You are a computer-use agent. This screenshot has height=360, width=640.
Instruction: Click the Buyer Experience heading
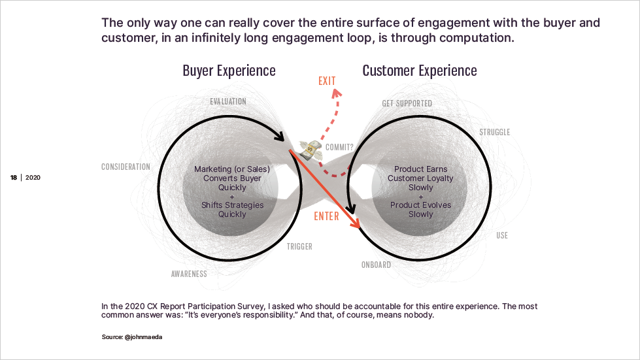coord(229,71)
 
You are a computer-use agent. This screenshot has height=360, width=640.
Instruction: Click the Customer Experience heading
coord(419,71)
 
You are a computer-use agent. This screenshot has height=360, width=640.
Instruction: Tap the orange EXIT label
coord(327,81)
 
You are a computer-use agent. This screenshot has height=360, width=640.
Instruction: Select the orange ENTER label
coord(326,216)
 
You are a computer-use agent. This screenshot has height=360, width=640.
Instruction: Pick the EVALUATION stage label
coord(228,101)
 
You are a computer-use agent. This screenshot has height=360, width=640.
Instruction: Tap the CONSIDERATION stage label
coord(126,167)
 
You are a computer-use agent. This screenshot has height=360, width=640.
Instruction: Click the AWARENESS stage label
coord(189,274)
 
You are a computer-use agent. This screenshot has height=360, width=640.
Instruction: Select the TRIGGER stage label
coord(299,246)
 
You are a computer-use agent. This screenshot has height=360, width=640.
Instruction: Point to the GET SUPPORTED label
coord(407,103)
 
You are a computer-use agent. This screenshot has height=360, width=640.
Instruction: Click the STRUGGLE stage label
coord(494,132)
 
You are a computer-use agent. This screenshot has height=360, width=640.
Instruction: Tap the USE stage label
coord(501,235)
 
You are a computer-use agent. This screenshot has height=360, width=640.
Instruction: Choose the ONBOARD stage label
coord(376,265)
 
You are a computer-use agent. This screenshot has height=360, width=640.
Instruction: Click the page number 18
coord(14,178)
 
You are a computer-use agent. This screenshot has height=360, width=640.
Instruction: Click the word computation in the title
coord(471,38)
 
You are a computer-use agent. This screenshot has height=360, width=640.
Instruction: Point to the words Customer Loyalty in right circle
coord(420,178)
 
